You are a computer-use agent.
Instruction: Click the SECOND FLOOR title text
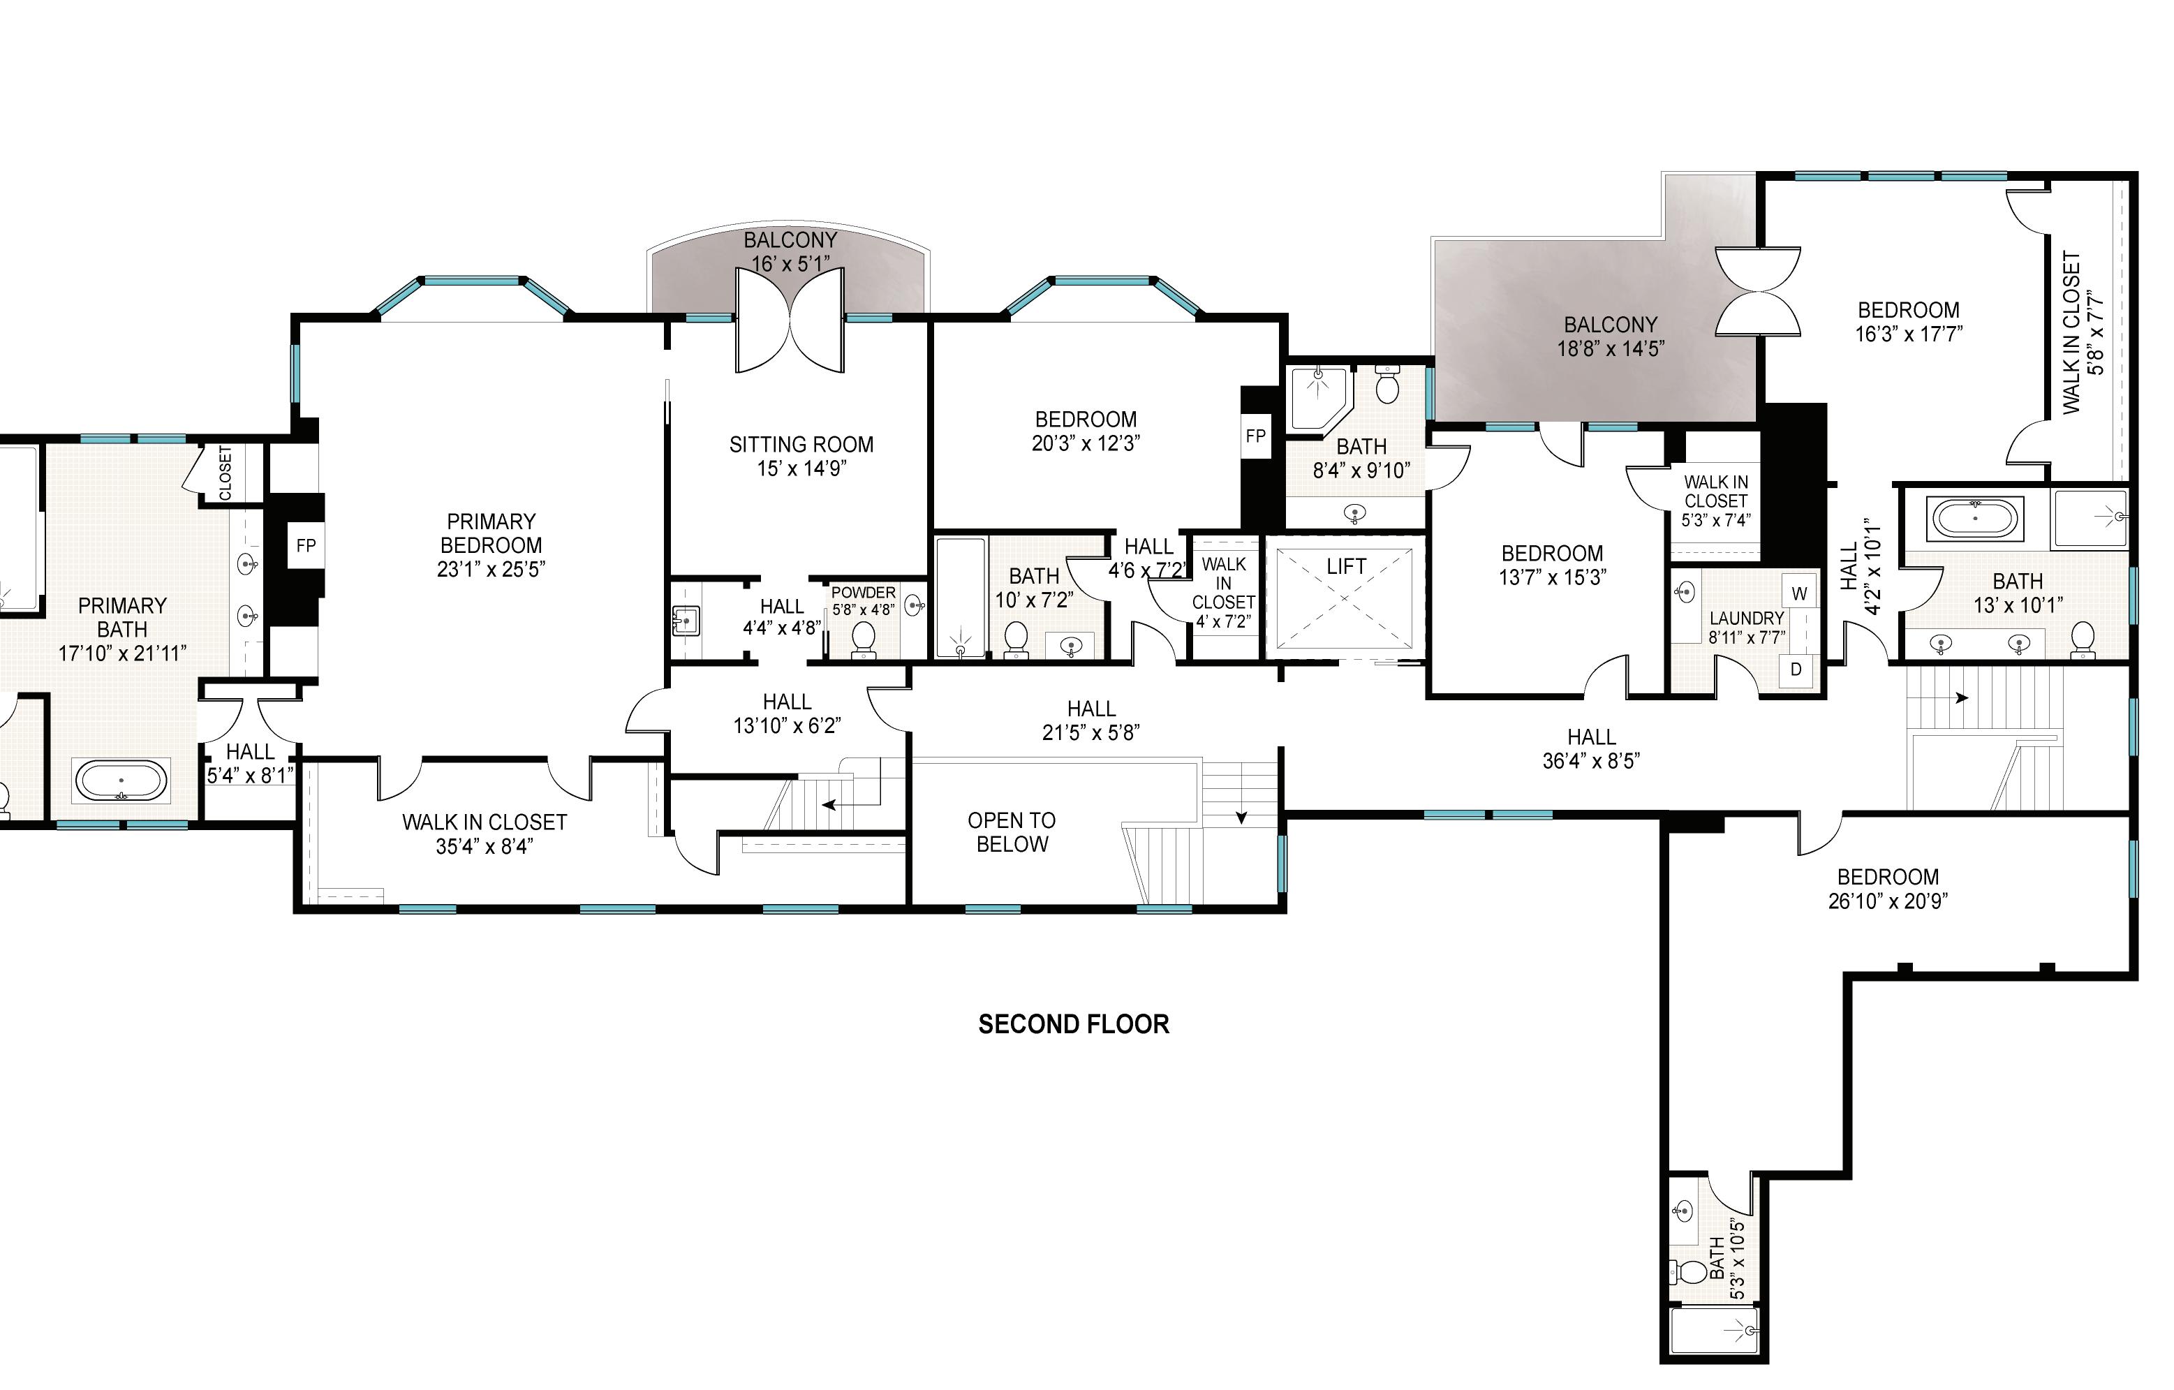coord(1074,1024)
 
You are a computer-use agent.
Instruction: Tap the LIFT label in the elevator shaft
coord(1346,567)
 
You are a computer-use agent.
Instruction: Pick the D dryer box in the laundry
coord(1796,670)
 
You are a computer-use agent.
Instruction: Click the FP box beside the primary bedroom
coord(306,545)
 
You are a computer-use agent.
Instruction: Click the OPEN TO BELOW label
coord(1012,832)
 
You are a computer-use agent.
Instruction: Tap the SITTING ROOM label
coord(801,445)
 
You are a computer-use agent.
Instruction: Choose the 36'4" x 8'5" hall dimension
coord(1592,761)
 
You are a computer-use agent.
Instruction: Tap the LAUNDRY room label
coord(1747,619)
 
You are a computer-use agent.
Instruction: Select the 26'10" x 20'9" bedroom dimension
coord(1888,901)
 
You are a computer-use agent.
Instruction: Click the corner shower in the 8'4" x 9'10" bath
coord(1319,397)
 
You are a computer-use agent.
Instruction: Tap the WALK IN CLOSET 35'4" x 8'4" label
coord(485,834)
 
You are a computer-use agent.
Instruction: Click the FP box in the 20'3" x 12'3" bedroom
coord(1255,436)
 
